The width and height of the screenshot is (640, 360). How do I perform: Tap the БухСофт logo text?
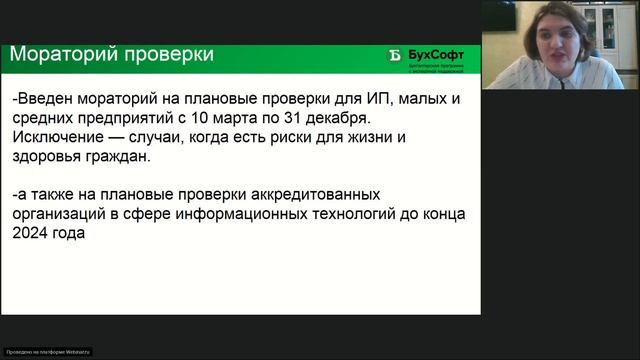[442, 53]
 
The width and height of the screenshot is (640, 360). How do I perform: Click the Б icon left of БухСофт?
[395, 55]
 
